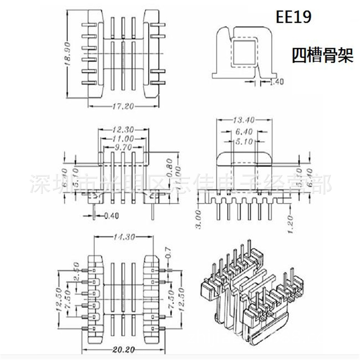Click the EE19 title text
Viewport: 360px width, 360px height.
coord(293,17)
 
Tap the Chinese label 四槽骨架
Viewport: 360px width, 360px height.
coord(322,56)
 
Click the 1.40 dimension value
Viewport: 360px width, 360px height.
coord(276,82)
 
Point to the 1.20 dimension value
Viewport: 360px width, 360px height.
coord(291,222)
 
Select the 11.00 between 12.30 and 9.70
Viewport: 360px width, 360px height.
coord(123,139)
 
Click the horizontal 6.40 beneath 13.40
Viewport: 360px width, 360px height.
coord(244,132)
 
